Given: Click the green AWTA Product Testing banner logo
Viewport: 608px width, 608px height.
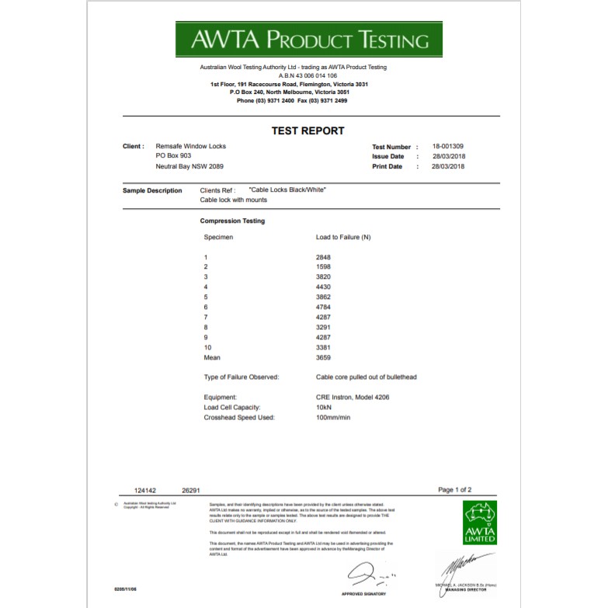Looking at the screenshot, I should (308, 39).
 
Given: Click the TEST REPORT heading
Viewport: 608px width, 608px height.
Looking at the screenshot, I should (307, 130).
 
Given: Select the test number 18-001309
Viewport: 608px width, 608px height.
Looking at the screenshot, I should (448, 146).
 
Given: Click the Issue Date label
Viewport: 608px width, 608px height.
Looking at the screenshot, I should (387, 156).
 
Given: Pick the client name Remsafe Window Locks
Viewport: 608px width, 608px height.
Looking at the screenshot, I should (190, 146).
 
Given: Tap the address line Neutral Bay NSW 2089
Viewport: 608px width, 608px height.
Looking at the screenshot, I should (189, 166).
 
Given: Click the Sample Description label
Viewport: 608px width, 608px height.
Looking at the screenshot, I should (152, 190).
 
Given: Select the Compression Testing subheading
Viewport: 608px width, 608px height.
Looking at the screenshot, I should (232, 221).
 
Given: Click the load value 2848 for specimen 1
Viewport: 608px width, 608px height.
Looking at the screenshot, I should (323, 257).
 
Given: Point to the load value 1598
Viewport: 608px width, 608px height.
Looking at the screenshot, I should (323, 267).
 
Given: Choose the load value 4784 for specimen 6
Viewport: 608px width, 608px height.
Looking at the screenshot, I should (323, 307).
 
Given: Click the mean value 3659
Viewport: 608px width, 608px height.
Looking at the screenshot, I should (323, 358).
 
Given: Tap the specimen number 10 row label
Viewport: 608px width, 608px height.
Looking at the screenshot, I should (207, 348).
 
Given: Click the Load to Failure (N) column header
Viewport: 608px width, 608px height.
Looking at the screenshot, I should (343, 237).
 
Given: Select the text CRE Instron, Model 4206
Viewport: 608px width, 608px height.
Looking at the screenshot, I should (353, 397).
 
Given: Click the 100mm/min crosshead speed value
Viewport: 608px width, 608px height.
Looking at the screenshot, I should (333, 417).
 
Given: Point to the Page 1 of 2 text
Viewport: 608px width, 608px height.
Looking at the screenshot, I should (454, 490).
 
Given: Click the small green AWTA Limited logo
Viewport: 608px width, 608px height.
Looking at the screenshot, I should (478, 521).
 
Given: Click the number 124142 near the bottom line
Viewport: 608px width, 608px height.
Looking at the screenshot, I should (145, 491).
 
